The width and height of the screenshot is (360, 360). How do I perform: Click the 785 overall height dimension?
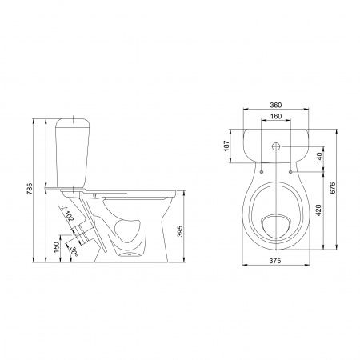[30, 189]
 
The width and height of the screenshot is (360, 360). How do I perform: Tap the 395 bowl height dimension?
[180, 231]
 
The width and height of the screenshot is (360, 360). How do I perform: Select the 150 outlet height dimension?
[56, 247]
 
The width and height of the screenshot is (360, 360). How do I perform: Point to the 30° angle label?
[74, 251]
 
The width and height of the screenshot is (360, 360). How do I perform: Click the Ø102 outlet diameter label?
[67, 214]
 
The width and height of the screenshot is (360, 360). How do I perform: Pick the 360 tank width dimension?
[276, 105]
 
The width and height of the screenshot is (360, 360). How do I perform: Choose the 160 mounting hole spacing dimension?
[276, 116]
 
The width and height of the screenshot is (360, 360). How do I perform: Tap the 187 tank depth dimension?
[226, 146]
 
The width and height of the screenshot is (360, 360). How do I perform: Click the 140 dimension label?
[319, 158]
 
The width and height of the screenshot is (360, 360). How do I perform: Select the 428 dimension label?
[318, 210]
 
